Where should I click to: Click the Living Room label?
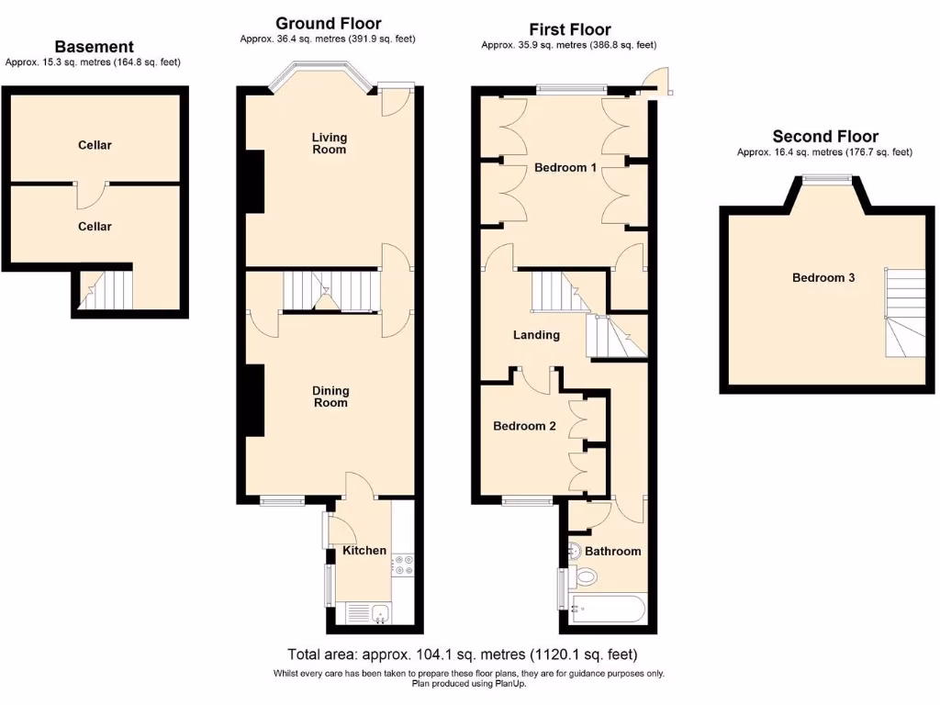(329, 143)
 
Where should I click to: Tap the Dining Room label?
(330, 397)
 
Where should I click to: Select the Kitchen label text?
(364, 551)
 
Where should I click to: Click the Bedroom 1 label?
(566, 168)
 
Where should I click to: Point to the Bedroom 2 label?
(524, 426)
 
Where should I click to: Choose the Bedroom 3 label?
(823, 277)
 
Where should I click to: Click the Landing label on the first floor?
(536, 335)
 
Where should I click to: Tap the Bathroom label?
(612, 551)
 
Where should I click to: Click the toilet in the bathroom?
(583, 576)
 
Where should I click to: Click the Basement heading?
(94, 47)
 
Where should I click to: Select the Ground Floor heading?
(328, 24)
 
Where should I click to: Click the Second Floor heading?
(824, 137)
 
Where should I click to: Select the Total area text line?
(462, 655)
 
